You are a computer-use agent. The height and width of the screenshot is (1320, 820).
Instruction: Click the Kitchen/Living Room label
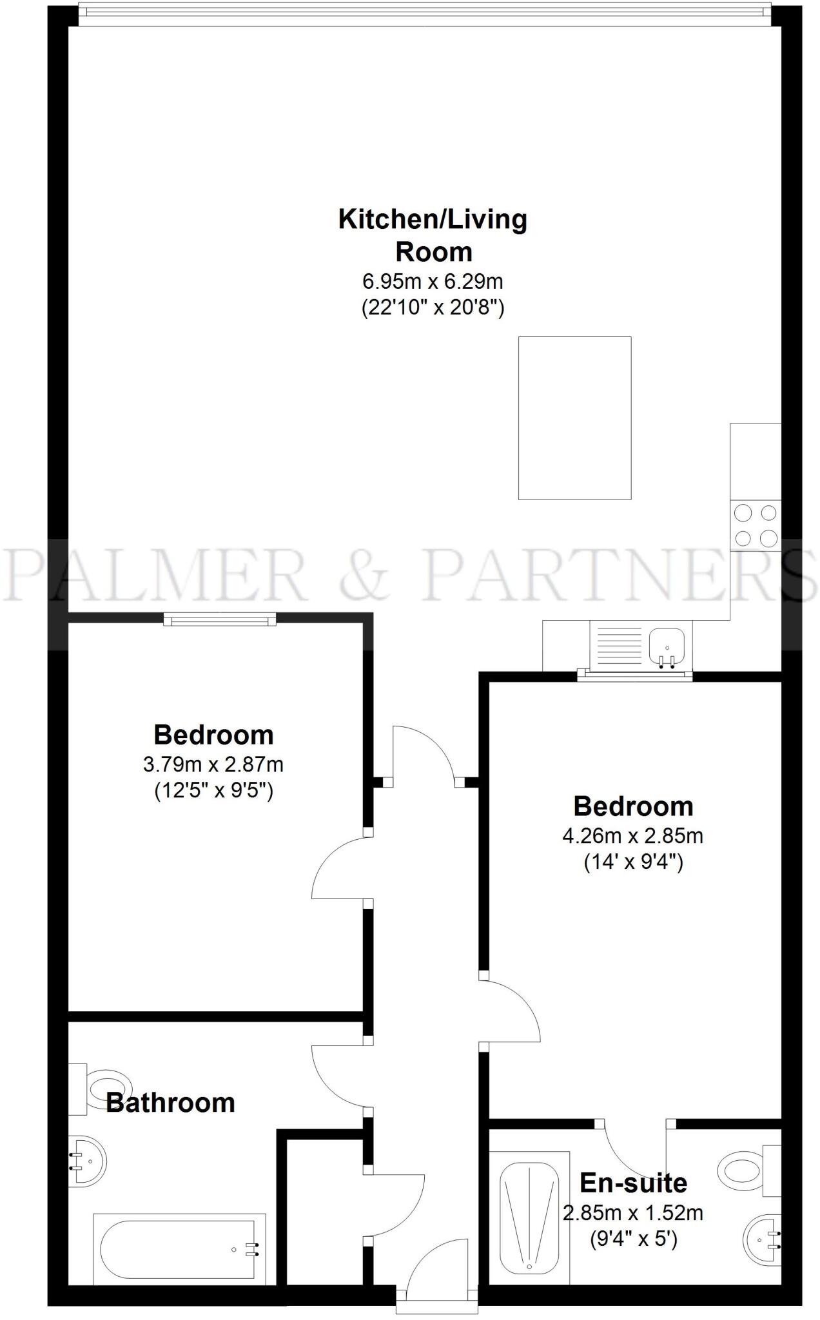tap(433, 235)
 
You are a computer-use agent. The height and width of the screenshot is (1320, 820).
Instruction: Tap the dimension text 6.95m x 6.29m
tap(433, 282)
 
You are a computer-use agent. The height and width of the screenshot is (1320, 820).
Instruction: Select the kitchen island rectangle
tap(574, 418)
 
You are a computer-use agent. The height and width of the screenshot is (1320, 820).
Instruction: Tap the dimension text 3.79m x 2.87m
tap(213, 764)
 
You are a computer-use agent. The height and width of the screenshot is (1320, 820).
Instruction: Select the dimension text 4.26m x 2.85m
tap(633, 836)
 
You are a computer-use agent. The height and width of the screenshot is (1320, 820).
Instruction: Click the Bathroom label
tap(170, 1103)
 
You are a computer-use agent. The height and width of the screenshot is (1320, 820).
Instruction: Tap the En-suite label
tap(633, 1183)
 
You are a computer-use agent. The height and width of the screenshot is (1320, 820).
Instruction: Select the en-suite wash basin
tap(763, 1238)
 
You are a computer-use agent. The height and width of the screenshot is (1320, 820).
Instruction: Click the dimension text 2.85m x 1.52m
tap(633, 1214)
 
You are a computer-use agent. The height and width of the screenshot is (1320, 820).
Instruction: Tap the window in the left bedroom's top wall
tap(220, 619)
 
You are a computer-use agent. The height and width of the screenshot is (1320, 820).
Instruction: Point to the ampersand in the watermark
tap(366, 574)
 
